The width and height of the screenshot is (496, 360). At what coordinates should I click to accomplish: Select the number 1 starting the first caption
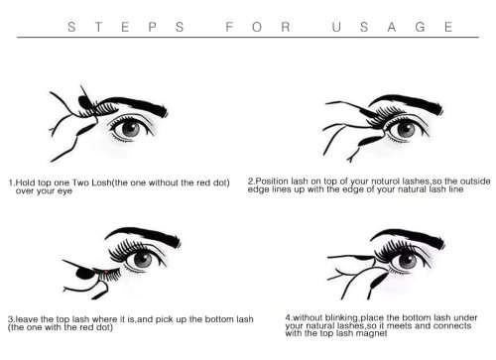[10, 182]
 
